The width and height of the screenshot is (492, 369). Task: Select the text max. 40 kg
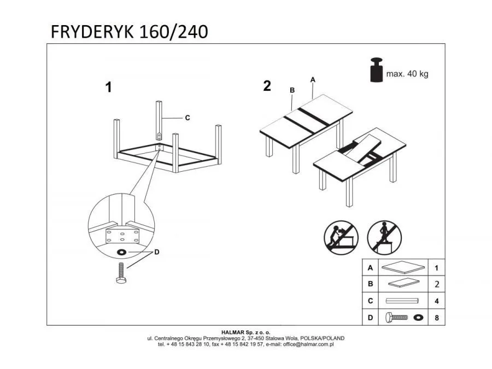(407, 74)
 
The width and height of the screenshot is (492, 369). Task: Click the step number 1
(108, 87)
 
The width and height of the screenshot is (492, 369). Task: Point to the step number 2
(267, 86)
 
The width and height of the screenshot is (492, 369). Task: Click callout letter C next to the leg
(187, 118)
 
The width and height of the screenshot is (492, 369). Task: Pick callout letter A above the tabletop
(313, 79)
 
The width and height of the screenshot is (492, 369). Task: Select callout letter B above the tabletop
(292, 90)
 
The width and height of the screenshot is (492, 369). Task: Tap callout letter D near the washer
(157, 252)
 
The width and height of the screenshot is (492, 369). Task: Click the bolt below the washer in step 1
(121, 272)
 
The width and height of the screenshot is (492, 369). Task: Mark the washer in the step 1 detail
(121, 252)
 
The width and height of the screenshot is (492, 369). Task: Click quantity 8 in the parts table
(436, 317)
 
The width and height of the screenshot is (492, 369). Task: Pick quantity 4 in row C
(436, 301)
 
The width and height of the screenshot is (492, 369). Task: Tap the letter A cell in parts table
(371, 268)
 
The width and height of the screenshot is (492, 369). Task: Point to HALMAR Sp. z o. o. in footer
(245, 332)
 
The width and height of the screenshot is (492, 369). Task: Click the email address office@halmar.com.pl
(311, 344)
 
